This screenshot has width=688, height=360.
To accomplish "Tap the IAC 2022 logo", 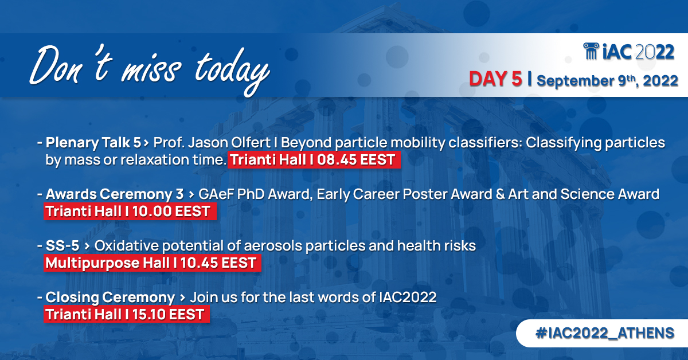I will point(628,52).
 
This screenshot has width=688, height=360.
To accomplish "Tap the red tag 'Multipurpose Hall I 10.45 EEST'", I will point(152,263).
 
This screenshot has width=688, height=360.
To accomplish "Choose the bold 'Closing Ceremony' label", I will point(110,298).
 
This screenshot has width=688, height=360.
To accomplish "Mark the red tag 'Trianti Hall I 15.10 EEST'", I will point(126,315).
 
